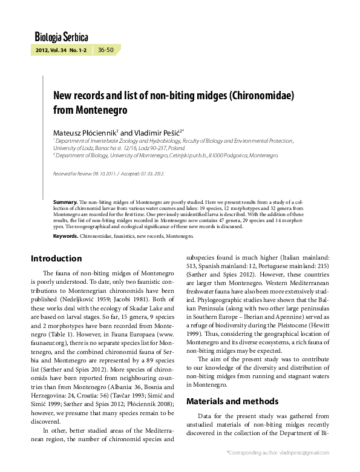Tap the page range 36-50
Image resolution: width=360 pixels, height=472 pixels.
click(106, 49)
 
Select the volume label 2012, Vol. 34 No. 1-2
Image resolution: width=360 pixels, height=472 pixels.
click(62, 49)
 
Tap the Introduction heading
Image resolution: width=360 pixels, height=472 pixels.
click(56, 259)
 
